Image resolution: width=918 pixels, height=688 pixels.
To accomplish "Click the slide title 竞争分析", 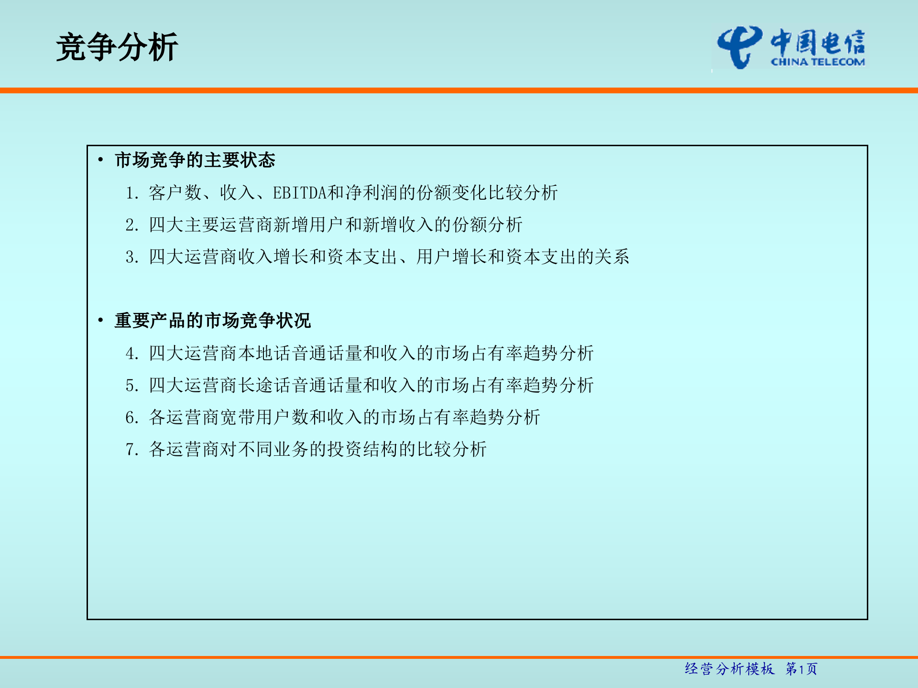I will pyautogui.click(x=117, y=47).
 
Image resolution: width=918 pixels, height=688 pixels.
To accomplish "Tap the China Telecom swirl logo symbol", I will pyautogui.click(x=739, y=46).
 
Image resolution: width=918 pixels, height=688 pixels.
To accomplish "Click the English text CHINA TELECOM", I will pyautogui.click(x=818, y=62).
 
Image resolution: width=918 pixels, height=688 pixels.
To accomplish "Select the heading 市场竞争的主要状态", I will pyautogui.click(x=195, y=160).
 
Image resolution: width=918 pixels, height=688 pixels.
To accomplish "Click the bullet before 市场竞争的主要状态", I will pyautogui.click(x=100, y=160).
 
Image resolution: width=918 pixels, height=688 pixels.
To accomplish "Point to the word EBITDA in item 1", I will pyautogui.click(x=300, y=193).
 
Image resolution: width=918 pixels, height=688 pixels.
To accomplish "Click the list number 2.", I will pyautogui.click(x=131, y=225).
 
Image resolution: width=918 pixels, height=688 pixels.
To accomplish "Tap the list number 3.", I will pyautogui.click(x=131, y=257).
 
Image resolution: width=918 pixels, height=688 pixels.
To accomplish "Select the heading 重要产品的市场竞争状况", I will pyautogui.click(x=213, y=321).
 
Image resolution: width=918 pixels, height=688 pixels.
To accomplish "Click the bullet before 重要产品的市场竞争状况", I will pyautogui.click(x=100, y=321).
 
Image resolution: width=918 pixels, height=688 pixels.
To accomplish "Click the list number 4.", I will pyautogui.click(x=131, y=354).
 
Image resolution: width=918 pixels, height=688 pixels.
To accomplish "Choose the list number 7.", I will pyautogui.click(x=131, y=450).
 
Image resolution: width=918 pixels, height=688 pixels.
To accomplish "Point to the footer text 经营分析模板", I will pyautogui.click(x=729, y=669).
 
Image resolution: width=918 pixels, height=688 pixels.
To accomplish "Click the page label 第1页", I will pyautogui.click(x=801, y=669).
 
